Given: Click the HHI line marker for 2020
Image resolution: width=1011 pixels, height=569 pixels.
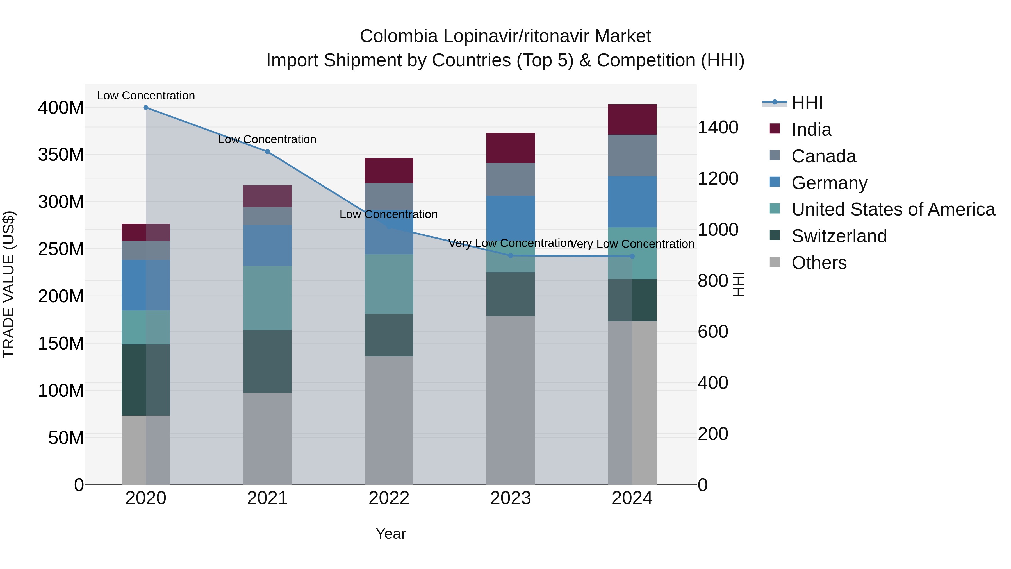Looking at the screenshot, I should point(146,108).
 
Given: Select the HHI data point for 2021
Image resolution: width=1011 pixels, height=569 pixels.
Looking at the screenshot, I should point(267,151).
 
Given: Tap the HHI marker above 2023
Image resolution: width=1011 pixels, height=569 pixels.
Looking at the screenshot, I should point(511,256).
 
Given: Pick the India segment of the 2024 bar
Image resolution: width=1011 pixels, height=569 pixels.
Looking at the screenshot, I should point(632,119).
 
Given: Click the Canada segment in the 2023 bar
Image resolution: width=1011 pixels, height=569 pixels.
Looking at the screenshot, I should point(510,180).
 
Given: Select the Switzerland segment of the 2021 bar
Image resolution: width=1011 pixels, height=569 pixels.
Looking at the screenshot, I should point(267,361).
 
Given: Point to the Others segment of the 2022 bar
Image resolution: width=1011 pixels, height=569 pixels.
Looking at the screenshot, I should point(389,420).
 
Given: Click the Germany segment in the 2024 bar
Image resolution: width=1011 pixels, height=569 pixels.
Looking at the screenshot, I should point(632,201).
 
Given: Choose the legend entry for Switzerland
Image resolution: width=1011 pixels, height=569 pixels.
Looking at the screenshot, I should point(839,236).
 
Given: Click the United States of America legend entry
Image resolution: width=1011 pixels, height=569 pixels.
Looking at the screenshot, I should point(893,209).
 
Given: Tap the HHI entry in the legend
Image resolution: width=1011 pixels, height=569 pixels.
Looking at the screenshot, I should point(807,103).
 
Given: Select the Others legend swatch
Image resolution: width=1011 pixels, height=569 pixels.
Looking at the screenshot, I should point(775,262).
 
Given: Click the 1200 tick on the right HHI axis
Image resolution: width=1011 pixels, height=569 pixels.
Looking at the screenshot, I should point(718,179).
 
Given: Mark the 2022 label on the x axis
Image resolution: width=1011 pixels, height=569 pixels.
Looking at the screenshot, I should point(389,498).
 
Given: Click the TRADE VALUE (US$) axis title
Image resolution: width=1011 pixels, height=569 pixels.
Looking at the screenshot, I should point(9,284).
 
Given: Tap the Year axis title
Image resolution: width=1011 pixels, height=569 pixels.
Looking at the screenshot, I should point(391,534).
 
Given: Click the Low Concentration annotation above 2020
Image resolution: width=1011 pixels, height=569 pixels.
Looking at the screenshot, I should point(146,96).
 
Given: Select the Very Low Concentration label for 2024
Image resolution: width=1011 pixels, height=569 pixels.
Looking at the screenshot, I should point(632,244).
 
